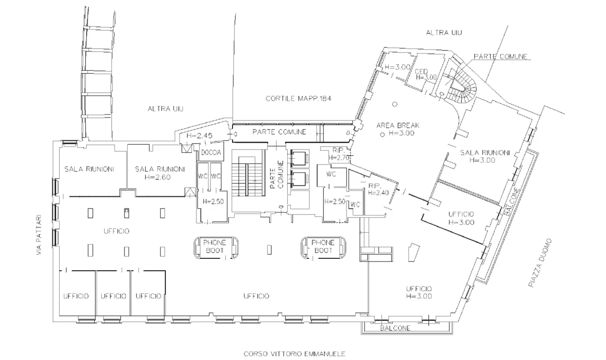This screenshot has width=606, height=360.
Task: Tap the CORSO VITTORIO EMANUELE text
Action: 294,353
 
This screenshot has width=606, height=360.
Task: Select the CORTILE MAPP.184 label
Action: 298,99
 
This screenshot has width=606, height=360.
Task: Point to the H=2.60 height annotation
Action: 159,177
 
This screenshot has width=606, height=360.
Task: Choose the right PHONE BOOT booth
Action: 324,246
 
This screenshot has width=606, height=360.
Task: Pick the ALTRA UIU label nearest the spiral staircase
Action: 444,33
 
